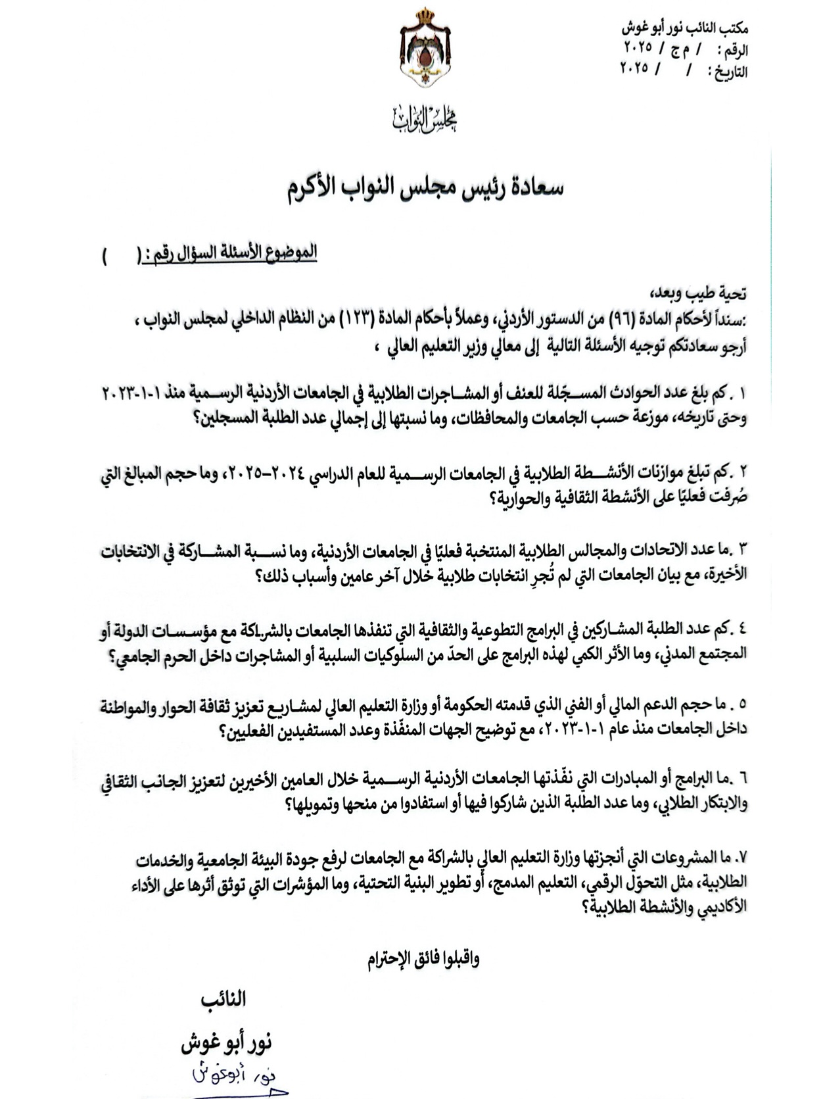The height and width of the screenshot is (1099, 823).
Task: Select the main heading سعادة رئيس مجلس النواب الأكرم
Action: pyautogui.click(x=425, y=187)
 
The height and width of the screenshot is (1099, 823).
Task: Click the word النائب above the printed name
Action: pyautogui.click(x=223, y=1000)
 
